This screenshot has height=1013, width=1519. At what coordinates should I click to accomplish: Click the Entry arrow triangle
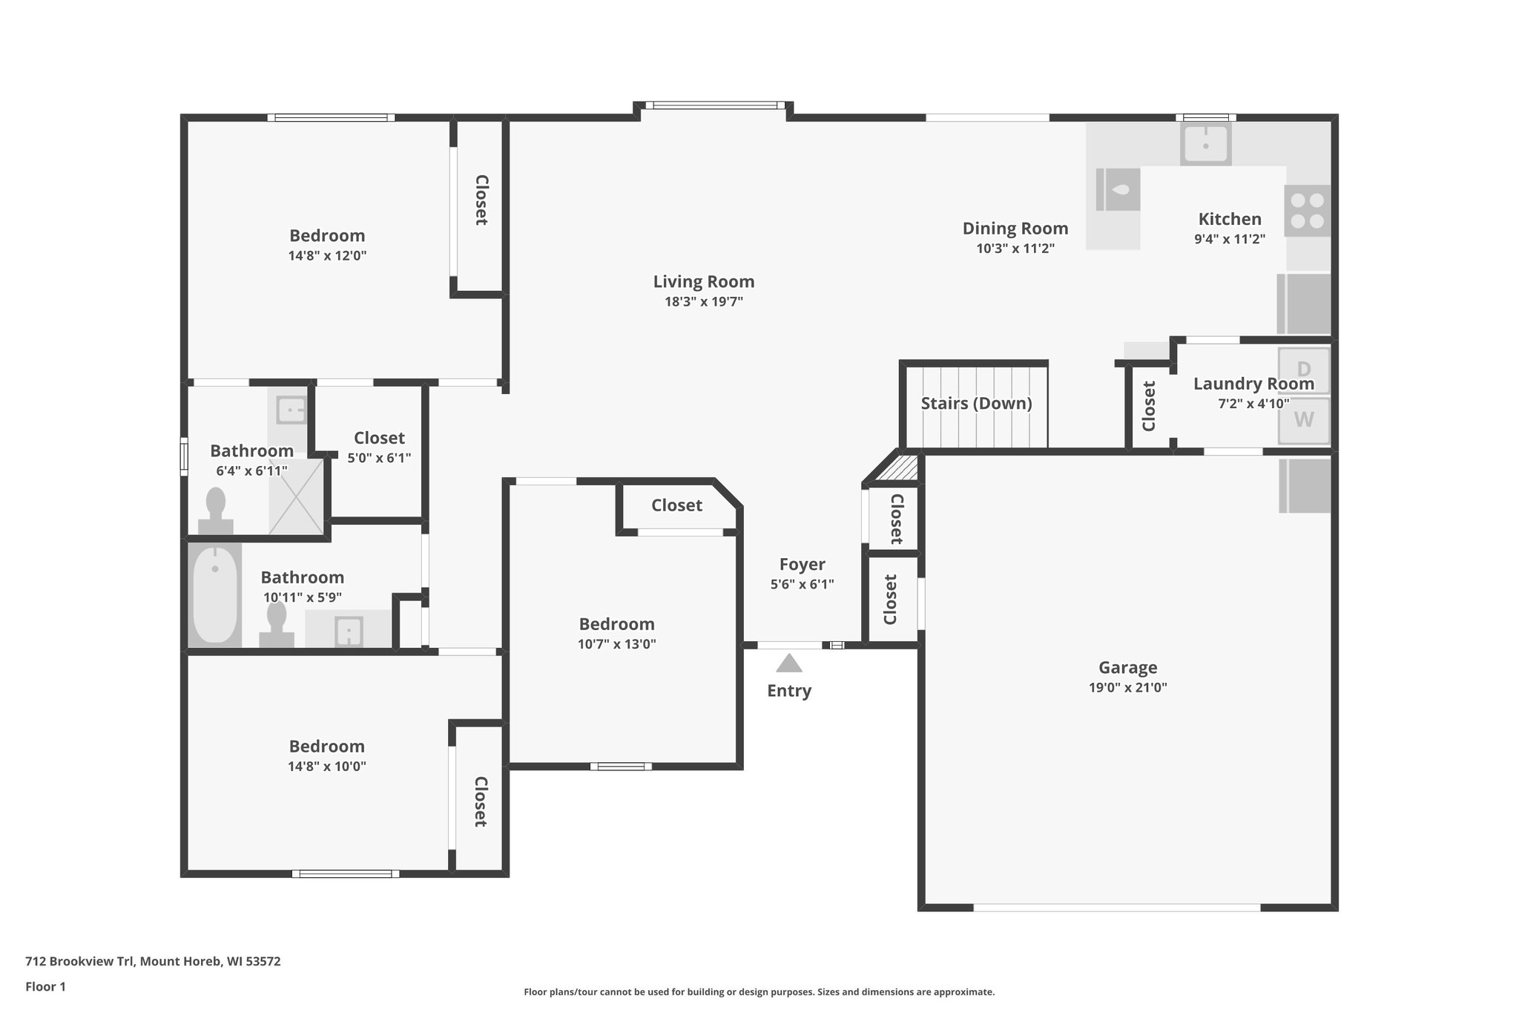(788, 663)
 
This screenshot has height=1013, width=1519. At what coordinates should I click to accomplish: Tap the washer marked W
(1303, 420)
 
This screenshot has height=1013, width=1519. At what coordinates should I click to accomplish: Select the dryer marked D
(1303, 369)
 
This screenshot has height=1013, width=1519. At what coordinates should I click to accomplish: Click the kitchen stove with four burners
(1307, 211)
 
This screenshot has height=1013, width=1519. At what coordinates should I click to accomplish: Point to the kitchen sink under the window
(1205, 143)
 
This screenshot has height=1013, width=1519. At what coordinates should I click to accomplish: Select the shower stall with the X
(296, 496)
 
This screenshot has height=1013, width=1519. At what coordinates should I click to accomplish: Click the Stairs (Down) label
(976, 404)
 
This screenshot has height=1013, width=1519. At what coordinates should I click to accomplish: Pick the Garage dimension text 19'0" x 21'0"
(1127, 687)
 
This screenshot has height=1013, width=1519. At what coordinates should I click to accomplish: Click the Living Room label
(703, 282)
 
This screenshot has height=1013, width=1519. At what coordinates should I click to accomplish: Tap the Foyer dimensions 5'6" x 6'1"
(802, 584)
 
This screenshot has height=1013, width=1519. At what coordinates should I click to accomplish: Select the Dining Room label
(1015, 229)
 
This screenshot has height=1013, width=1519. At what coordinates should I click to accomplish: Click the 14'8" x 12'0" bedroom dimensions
(327, 256)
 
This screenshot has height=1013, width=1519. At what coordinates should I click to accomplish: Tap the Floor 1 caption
(45, 986)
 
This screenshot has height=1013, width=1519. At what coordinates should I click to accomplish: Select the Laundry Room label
(1253, 384)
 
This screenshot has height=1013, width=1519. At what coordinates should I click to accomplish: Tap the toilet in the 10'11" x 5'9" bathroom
(277, 624)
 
